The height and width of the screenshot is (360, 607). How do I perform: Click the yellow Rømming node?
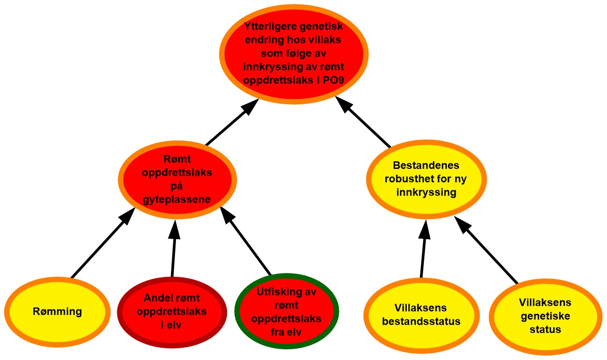click(x=57, y=311)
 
